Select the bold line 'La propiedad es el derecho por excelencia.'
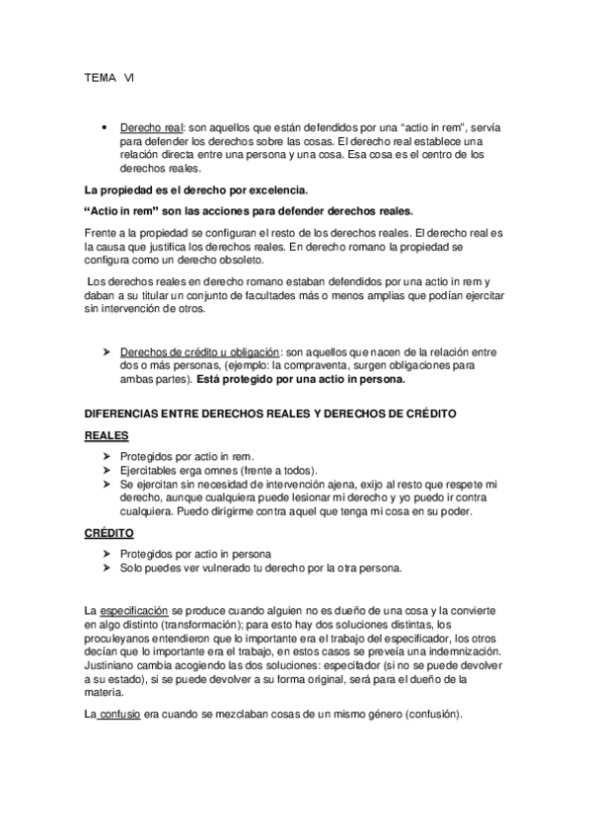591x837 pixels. click(196, 190)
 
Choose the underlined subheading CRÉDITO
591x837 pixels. click(110, 532)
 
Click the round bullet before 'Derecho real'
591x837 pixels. click(105, 129)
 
